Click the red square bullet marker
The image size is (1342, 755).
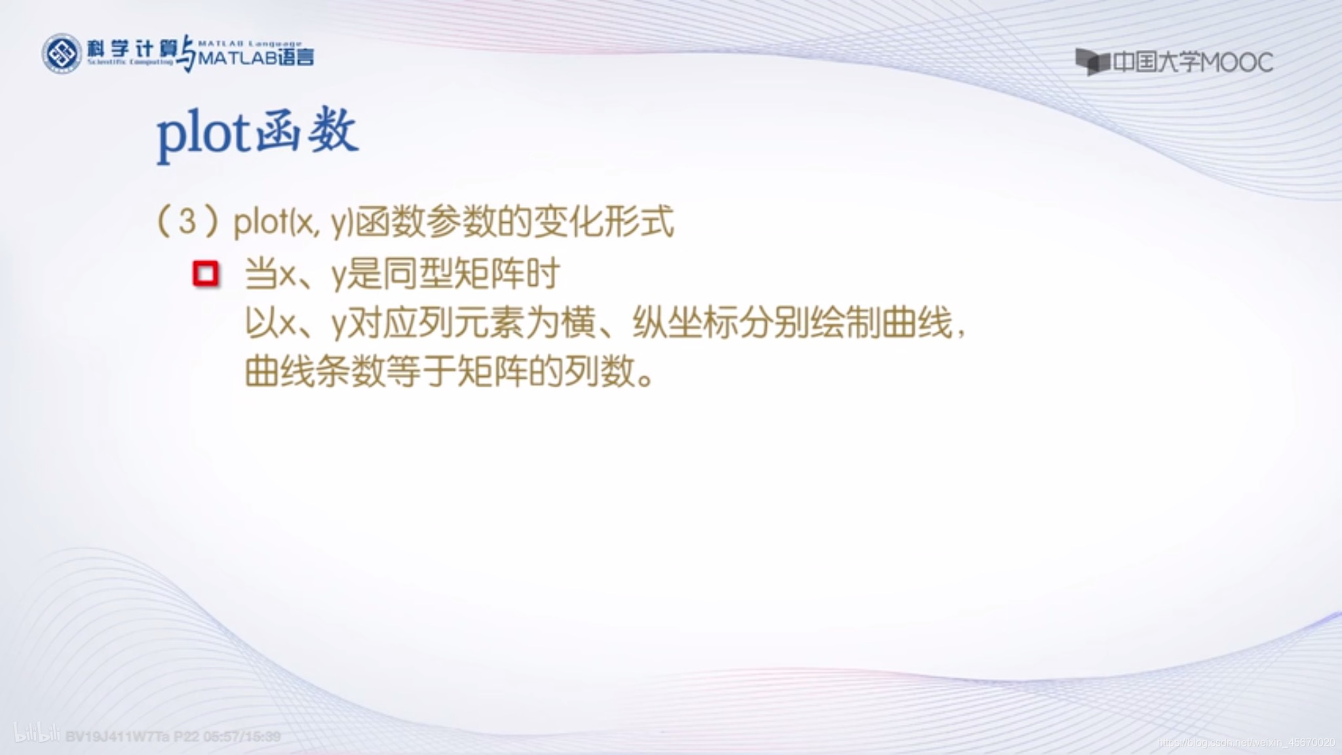tap(205, 274)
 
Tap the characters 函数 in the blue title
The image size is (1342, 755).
tap(307, 132)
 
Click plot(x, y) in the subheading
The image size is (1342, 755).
tap(294, 223)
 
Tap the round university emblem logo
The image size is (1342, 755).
tap(62, 53)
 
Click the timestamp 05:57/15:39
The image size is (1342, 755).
tap(242, 737)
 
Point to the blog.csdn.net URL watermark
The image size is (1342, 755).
tap(1245, 743)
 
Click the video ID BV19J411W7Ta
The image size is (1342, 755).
tap(117, 737)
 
